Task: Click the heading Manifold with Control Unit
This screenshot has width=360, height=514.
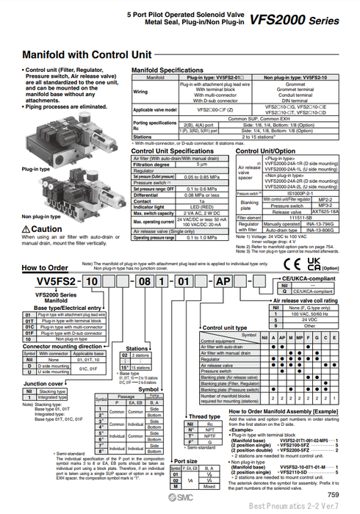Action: point(87,54)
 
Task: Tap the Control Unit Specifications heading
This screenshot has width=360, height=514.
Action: point(172,150)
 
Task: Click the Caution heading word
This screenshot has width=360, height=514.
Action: point(46,229)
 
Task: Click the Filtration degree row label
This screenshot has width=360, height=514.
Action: point(154,164)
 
